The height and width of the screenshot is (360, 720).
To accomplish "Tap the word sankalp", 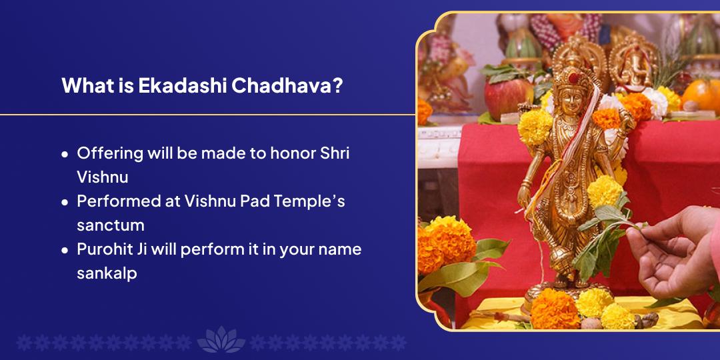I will click(107, 273).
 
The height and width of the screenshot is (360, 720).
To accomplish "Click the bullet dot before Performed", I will click(65, 202).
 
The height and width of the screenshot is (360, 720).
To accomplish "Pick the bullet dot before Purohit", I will click(65, 251).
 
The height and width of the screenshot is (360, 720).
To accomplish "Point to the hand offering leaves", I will click(673, 253).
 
